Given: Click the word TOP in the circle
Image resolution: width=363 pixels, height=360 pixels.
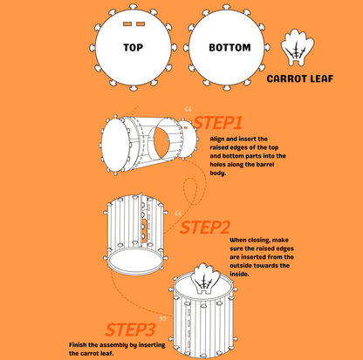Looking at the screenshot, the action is point(133,47).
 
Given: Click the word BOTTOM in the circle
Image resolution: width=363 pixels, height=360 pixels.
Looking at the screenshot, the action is point(229,47).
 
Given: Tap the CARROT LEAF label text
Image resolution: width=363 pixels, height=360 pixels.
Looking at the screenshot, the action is point(300,78).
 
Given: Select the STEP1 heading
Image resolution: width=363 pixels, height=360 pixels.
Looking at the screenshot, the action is point(217,123).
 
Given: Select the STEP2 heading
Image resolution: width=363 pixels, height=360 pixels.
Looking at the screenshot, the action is point(205,228).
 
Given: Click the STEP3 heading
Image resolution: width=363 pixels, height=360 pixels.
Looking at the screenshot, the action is point(130,329).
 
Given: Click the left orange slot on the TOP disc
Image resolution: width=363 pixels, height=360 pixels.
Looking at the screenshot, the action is point(127,24).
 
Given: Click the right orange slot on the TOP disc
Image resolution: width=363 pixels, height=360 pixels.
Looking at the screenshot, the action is point(140,24).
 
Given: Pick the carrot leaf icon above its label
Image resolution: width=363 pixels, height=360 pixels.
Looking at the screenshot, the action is point(298,47).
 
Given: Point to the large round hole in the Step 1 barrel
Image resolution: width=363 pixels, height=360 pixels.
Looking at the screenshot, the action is point(165,139).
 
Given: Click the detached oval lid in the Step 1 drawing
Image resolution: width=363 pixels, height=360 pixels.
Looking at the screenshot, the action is point(116,145).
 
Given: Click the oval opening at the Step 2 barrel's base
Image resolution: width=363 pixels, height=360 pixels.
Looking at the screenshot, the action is point(135,262).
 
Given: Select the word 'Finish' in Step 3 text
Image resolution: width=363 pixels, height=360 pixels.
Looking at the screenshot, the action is point(78,345).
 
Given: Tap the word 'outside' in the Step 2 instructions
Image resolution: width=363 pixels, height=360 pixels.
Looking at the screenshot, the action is point(241,266).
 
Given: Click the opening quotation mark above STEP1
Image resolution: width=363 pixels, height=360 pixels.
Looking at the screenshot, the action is point(188,110).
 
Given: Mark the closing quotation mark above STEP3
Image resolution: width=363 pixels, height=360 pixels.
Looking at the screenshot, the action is point(163,319).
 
